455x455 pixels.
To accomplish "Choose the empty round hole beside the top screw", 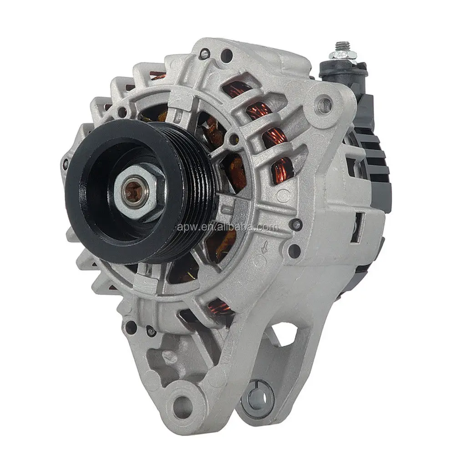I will (228, 56).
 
